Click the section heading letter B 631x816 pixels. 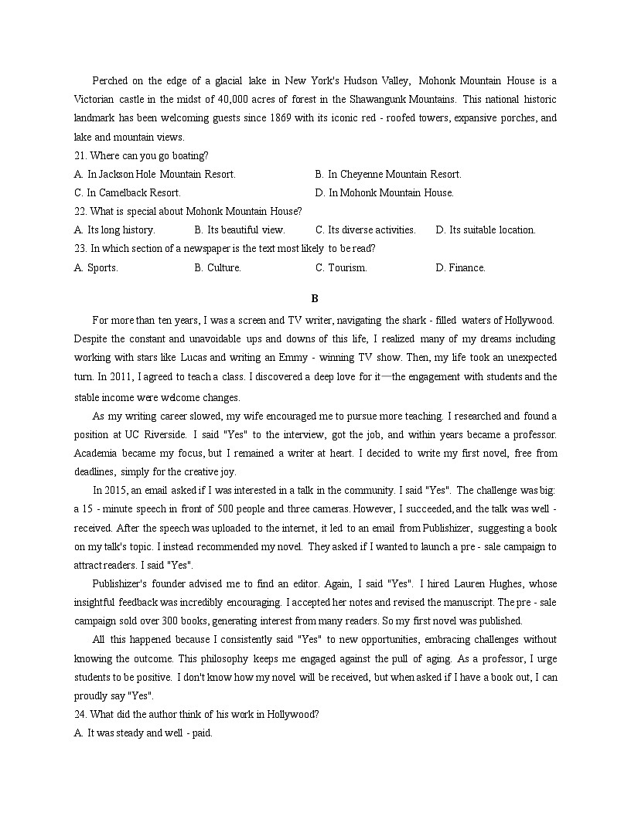click(315, 298)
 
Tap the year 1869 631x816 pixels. click(281, 118)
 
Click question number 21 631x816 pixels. click(80, 156)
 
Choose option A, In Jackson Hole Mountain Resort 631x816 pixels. click(155, 175)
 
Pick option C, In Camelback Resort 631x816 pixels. click(128, 193)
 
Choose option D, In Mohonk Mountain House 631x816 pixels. click(384, 193)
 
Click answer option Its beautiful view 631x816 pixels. click(240, 230)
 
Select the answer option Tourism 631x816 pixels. click(341, 268)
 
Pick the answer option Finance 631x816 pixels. click(460, 268)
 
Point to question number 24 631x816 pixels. click(80, 715)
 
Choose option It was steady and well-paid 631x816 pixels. click(143, 733)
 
